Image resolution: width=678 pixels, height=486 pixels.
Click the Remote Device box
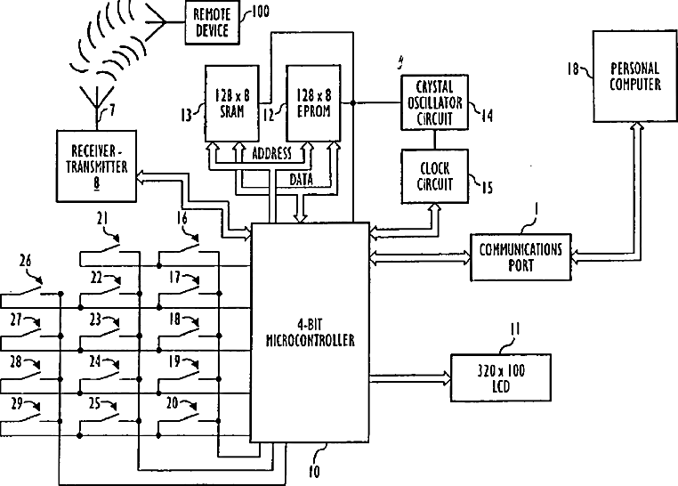(212, 22)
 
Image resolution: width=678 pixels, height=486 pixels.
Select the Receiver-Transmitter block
(96, 166)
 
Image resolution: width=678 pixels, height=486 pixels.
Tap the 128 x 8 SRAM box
(231, 103)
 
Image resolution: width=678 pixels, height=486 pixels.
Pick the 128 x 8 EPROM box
(313, 103)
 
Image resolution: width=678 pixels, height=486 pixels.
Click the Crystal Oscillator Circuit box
(434, 102)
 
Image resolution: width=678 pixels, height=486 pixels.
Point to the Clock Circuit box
(434, 176)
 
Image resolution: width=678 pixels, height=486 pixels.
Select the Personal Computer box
(634, 76)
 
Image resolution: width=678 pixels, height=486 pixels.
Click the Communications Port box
(521, 257)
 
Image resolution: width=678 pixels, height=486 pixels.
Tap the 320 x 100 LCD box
(501, 378)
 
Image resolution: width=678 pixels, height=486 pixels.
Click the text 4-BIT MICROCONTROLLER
(310, 333)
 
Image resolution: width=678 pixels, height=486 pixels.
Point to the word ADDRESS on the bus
(271, 153)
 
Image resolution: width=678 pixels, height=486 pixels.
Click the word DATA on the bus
(301, 180)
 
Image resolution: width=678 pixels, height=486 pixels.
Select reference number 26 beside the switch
(26, 261)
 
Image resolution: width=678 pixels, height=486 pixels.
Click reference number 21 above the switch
(102, 219)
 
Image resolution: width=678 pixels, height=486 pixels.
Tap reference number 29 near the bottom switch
(16, 403)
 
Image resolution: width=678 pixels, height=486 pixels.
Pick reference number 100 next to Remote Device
(260, 12)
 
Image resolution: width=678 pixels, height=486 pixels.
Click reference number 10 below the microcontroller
(314, 472)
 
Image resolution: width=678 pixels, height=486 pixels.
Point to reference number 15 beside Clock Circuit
(488, 188)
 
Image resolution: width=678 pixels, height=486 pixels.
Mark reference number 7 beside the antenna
(112, 110)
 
